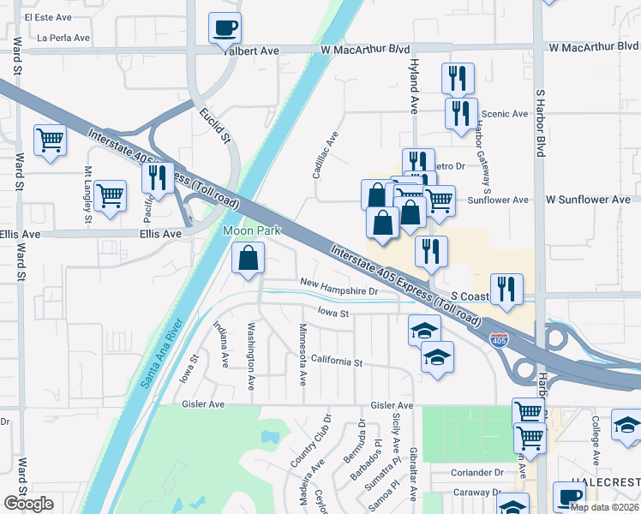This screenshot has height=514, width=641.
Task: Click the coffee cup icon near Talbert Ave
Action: coord(225,28)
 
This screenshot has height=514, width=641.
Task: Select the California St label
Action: coord(337,362)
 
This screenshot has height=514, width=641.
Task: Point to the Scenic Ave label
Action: coord(505,114)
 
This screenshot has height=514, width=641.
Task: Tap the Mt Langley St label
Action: coord(87,195)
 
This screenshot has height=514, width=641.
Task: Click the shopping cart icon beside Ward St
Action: coord(50,140)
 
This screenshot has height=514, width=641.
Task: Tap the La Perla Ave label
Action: coord(63,39)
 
